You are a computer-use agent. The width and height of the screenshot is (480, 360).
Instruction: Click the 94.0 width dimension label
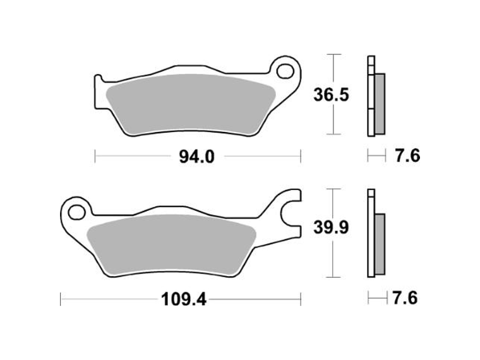coord(197,157)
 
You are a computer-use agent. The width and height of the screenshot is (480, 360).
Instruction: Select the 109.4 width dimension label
coord(184,299)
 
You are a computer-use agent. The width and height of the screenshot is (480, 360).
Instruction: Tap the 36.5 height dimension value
coord(331,95)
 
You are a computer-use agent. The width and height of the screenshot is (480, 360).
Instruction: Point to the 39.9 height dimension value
coord(331,228)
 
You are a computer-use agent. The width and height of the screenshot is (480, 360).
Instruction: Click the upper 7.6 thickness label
coord(407,156)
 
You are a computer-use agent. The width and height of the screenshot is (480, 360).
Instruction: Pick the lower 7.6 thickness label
coord(405,298)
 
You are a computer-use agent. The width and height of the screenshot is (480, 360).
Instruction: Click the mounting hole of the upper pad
coord(285,71)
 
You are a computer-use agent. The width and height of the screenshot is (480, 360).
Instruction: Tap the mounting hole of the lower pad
coord(76,212)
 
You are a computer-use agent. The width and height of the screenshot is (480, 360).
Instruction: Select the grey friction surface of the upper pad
coord(191,104)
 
